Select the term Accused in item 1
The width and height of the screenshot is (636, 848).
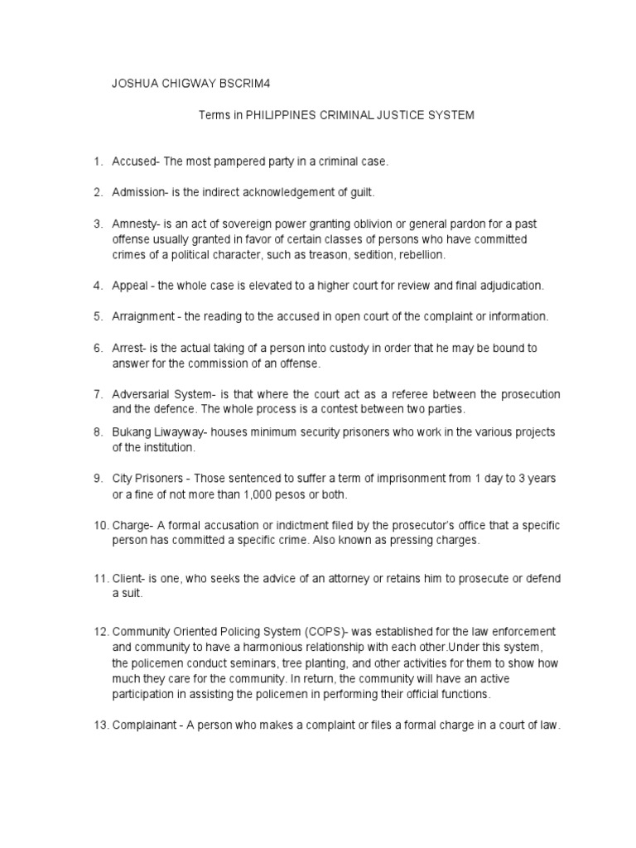[x=131, y=161]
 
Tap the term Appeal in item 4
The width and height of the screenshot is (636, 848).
[x=129, y=286]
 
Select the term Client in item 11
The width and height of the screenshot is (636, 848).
[x=127, y=577]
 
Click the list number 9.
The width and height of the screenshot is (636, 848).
[x=97, y=479]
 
